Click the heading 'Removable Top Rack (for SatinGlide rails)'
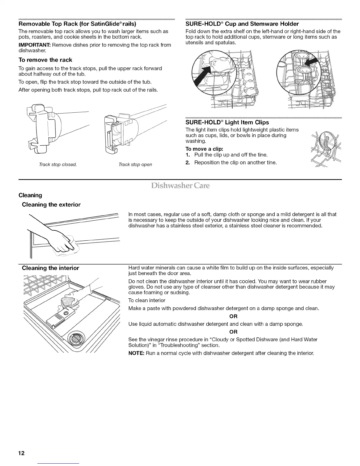pos(77,24)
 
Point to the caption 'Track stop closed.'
pos(56,164)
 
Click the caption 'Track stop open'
pos(135,164)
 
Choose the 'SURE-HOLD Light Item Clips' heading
pos(227,122)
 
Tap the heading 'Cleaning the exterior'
pos(51,204)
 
